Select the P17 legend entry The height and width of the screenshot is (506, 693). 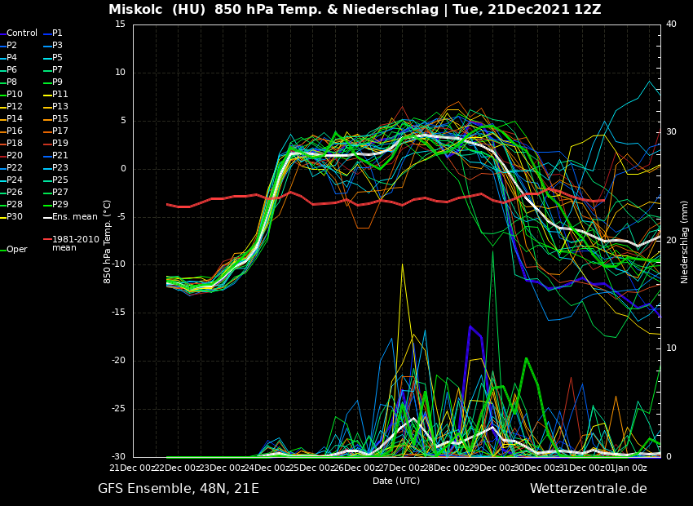pos(60,131)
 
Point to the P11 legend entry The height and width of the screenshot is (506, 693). pos(60,95)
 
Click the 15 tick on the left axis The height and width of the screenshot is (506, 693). pos(120,24)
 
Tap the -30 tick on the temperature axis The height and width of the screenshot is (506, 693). pos(117,457)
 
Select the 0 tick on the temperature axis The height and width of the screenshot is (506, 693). pos(122,169)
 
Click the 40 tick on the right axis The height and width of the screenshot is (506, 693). pos(671,24)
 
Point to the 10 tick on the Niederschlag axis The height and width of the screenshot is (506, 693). pos(671,348)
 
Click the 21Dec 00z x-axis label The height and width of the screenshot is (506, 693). pos(133,468)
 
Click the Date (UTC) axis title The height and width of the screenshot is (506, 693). pos(396,482)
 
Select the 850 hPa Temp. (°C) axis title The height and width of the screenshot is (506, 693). pos(108,241)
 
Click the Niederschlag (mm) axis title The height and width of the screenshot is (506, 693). pos(685,241)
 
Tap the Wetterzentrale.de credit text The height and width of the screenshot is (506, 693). pos(588,489)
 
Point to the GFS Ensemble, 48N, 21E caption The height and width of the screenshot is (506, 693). pos(179,489)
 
